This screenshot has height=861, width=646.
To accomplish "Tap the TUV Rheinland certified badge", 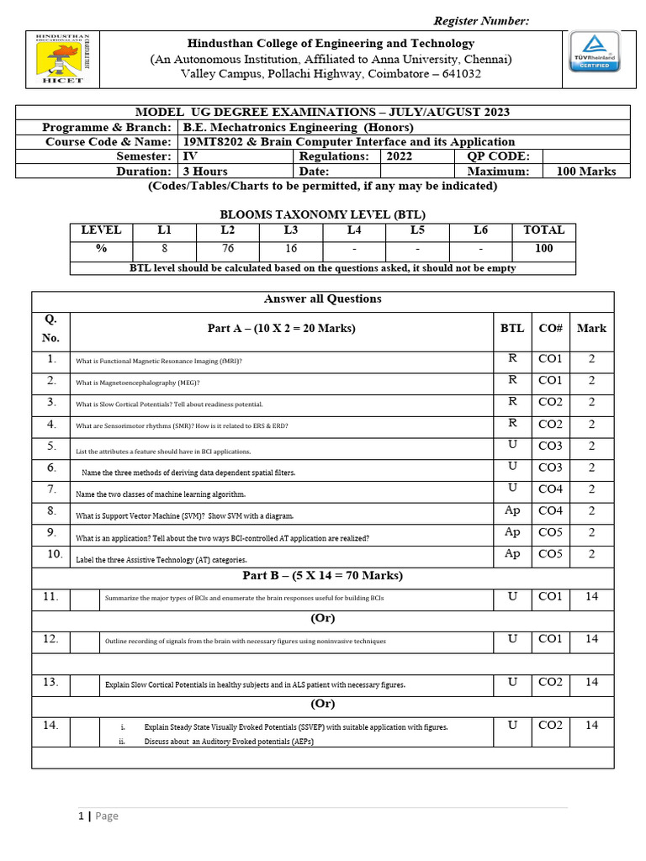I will (x=596, y=51).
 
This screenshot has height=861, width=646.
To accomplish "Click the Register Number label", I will (x=481, y=21).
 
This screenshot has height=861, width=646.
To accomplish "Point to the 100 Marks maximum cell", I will (x=586, y=172).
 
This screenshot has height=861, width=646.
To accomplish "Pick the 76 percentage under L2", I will (x=228, y=249).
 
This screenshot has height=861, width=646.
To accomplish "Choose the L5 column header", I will (x=417, y=230).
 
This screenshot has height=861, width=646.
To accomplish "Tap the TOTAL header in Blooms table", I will (x=544, y=230).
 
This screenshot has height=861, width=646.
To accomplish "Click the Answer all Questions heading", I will (x=323, y=299).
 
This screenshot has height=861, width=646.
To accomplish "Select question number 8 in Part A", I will (x=51, y=511).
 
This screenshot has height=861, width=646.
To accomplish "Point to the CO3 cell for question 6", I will (x=550, y=467).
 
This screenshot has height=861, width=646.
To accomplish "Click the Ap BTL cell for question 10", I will (x=512, y=554).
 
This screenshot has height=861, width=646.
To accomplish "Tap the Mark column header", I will (x=591, y=328).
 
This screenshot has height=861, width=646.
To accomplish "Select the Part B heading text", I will (x=323, y=576).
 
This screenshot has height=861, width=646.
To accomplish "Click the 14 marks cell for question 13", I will (x=591, y=683).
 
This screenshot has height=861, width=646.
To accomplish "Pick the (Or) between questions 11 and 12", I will (x=323, y=619).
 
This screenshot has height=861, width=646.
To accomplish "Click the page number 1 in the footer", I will (x=82, y=816).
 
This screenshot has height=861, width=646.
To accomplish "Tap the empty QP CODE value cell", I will (x=579, y=156).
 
